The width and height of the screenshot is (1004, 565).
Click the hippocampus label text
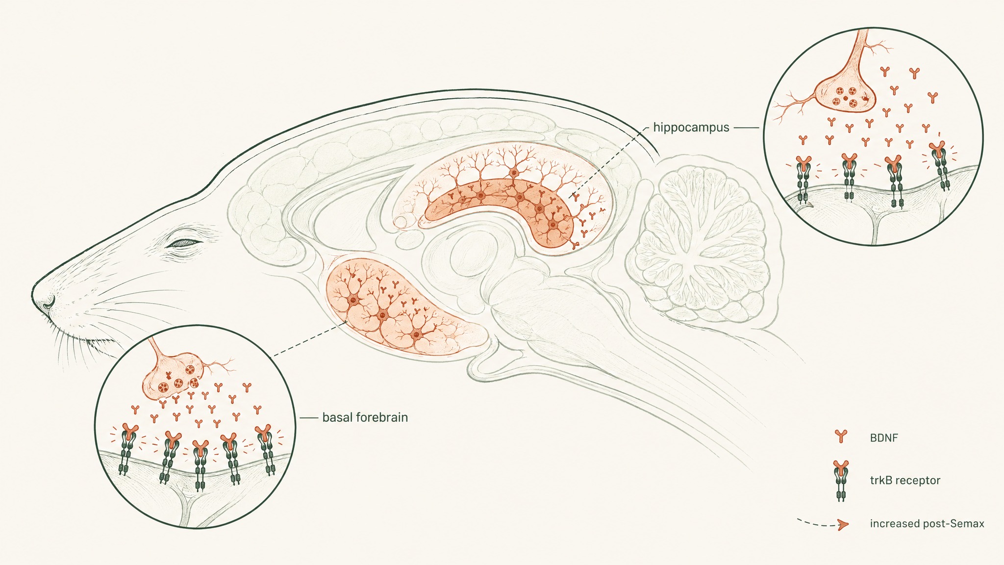coord(691,128)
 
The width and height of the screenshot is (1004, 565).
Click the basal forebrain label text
coord(365,418)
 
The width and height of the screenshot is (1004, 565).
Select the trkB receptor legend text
coord(905,480)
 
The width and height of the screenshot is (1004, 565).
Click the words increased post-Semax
coord(927,523)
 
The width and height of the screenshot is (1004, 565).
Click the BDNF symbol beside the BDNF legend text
coord(841,436)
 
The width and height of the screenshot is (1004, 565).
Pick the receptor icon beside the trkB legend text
coord(841,481)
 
